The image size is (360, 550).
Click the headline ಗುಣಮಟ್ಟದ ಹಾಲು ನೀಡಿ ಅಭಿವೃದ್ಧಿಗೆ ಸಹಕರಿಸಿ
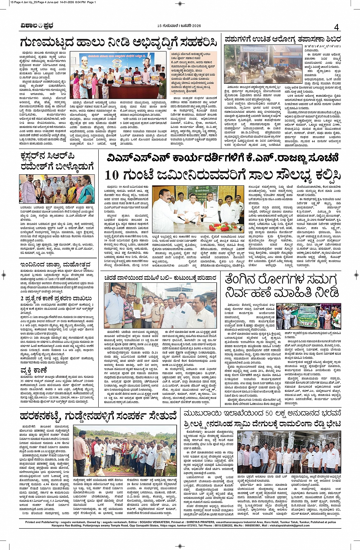[x=118, y=42]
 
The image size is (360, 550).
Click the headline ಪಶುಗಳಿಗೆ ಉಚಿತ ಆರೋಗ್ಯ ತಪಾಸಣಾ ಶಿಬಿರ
[x=282, y=39]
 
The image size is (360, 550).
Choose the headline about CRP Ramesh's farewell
[x=57, y=162]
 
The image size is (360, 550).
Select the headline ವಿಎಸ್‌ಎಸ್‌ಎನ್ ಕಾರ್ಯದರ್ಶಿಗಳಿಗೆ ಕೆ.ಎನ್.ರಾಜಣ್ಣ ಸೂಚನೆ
[x=222, y=158]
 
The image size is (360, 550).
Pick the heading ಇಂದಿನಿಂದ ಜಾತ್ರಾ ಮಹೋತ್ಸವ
[x=56, y=264]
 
